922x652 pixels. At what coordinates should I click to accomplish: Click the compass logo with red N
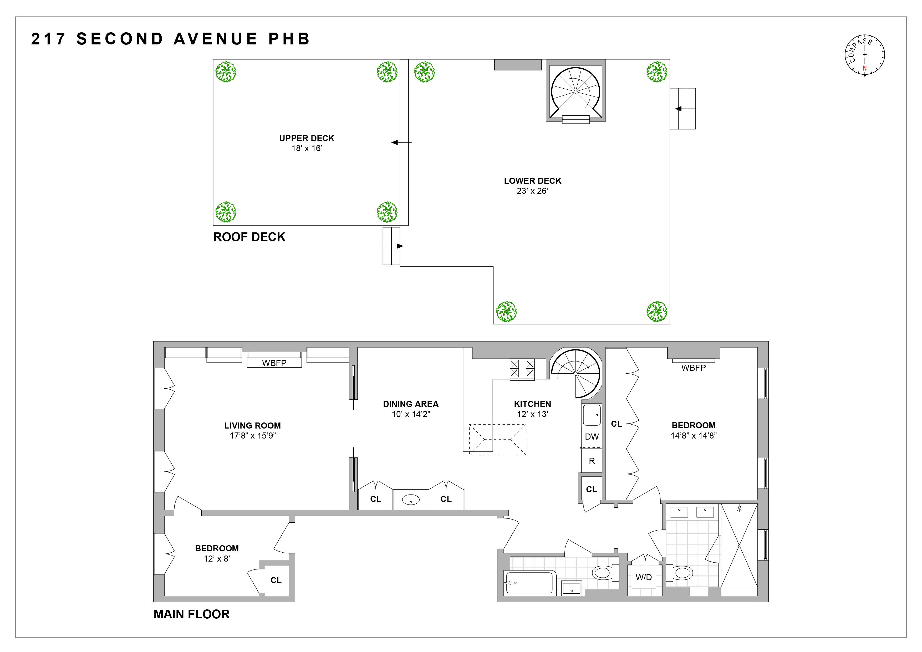tap(865, 55)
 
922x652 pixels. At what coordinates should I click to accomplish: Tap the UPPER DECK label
tap(307, 138)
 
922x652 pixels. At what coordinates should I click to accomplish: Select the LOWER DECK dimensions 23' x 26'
tap(532, 191)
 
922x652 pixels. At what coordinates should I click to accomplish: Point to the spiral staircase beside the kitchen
tap(576, 373)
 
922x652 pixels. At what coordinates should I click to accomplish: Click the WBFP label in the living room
tap(274, 363)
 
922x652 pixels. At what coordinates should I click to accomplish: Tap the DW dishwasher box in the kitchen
tap(592, 437)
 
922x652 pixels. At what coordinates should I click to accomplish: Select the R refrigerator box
tap(592, 461)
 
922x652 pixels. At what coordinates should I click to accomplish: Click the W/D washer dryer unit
tap(643, 577)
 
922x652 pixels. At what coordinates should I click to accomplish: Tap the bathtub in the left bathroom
tap(529, 583)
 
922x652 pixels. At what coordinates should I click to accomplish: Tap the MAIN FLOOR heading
tap(192, 614)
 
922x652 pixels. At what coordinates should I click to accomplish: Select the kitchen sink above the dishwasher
tap(592, 415)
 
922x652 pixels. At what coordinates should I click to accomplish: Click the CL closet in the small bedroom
tap(276, 580)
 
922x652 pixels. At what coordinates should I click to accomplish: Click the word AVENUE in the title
tap(216, 39)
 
